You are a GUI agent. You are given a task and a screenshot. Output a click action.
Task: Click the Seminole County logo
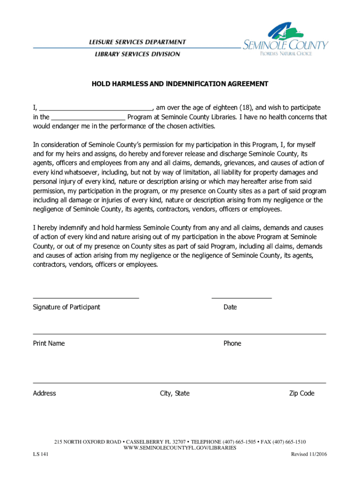pyautogui.click(x=285, y=40)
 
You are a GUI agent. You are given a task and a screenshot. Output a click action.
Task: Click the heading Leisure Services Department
pyautogui.click(x=137, y=42)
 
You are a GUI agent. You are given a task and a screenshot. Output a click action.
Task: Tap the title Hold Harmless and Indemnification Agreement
pyautogui.click(x=180, y=84)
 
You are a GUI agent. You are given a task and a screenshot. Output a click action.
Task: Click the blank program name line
pyautogui.click(x=88, y=117)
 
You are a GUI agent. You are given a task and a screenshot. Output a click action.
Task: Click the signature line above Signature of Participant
pyautogui.click(x=86, y=297)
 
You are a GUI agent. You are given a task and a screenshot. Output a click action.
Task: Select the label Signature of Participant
pyautogui.click(x=66, y=307)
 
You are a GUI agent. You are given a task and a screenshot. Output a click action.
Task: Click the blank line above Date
pyautogui.click(x=241, y=297)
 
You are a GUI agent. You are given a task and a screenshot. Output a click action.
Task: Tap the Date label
pyautogui.click(x=230, y=307)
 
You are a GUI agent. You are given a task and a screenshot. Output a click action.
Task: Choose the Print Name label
pyautogui.click(x=49, y=343)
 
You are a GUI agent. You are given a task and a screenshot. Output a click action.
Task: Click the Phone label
pyautogui.click(x=232, y=343)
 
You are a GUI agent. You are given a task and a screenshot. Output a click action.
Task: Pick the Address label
pyautogui.click(x=44, y=393)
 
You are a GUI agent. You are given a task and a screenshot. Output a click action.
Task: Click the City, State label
pyautogui.click(x=175, y=393)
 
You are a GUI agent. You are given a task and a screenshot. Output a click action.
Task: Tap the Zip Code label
pyautogui.click(x=302, y=393)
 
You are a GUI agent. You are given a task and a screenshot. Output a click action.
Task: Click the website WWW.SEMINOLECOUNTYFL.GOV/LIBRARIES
pyautogui.click(x=180, y=448)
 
